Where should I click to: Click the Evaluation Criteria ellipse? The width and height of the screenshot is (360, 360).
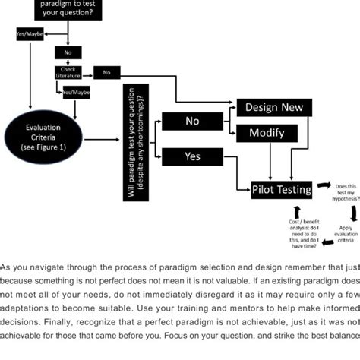[44, 140]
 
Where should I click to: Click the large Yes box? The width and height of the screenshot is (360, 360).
[193, 156]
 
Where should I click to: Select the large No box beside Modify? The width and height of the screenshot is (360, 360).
[193, 122]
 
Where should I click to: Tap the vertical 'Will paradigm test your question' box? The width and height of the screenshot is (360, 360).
[138, 144]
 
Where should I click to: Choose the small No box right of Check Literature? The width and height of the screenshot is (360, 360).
[107, 73]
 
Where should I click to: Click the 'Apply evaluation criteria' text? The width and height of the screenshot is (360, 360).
[345, 232]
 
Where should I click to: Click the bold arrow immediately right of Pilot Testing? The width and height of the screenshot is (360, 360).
[322, 185]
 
